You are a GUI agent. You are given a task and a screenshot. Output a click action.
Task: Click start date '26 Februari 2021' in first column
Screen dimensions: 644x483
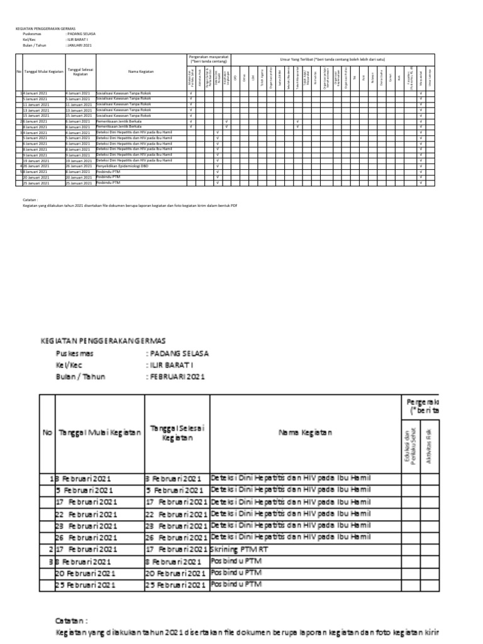coord(86,538)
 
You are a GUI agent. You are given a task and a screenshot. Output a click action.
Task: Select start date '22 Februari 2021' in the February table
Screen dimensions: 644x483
coord(86,514)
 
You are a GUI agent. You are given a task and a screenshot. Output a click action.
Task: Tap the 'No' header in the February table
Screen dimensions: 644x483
coord(47,433)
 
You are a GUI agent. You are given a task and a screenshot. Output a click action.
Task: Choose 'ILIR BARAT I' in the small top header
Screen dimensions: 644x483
coord(79,40)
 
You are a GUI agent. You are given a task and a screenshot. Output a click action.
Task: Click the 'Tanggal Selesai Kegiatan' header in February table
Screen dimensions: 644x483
coord(177,433)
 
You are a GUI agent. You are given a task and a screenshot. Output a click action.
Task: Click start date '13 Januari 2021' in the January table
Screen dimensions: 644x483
coord(35,110)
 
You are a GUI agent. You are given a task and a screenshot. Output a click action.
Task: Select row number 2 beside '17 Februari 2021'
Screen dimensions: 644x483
coord(52,549)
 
